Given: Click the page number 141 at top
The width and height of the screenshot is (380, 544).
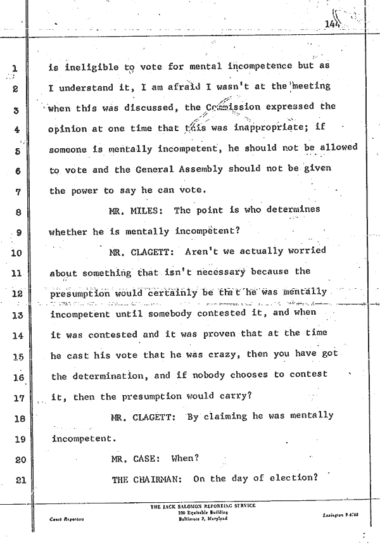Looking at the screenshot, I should [331, 25].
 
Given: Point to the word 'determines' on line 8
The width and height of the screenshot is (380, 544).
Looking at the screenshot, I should [293, 210].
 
